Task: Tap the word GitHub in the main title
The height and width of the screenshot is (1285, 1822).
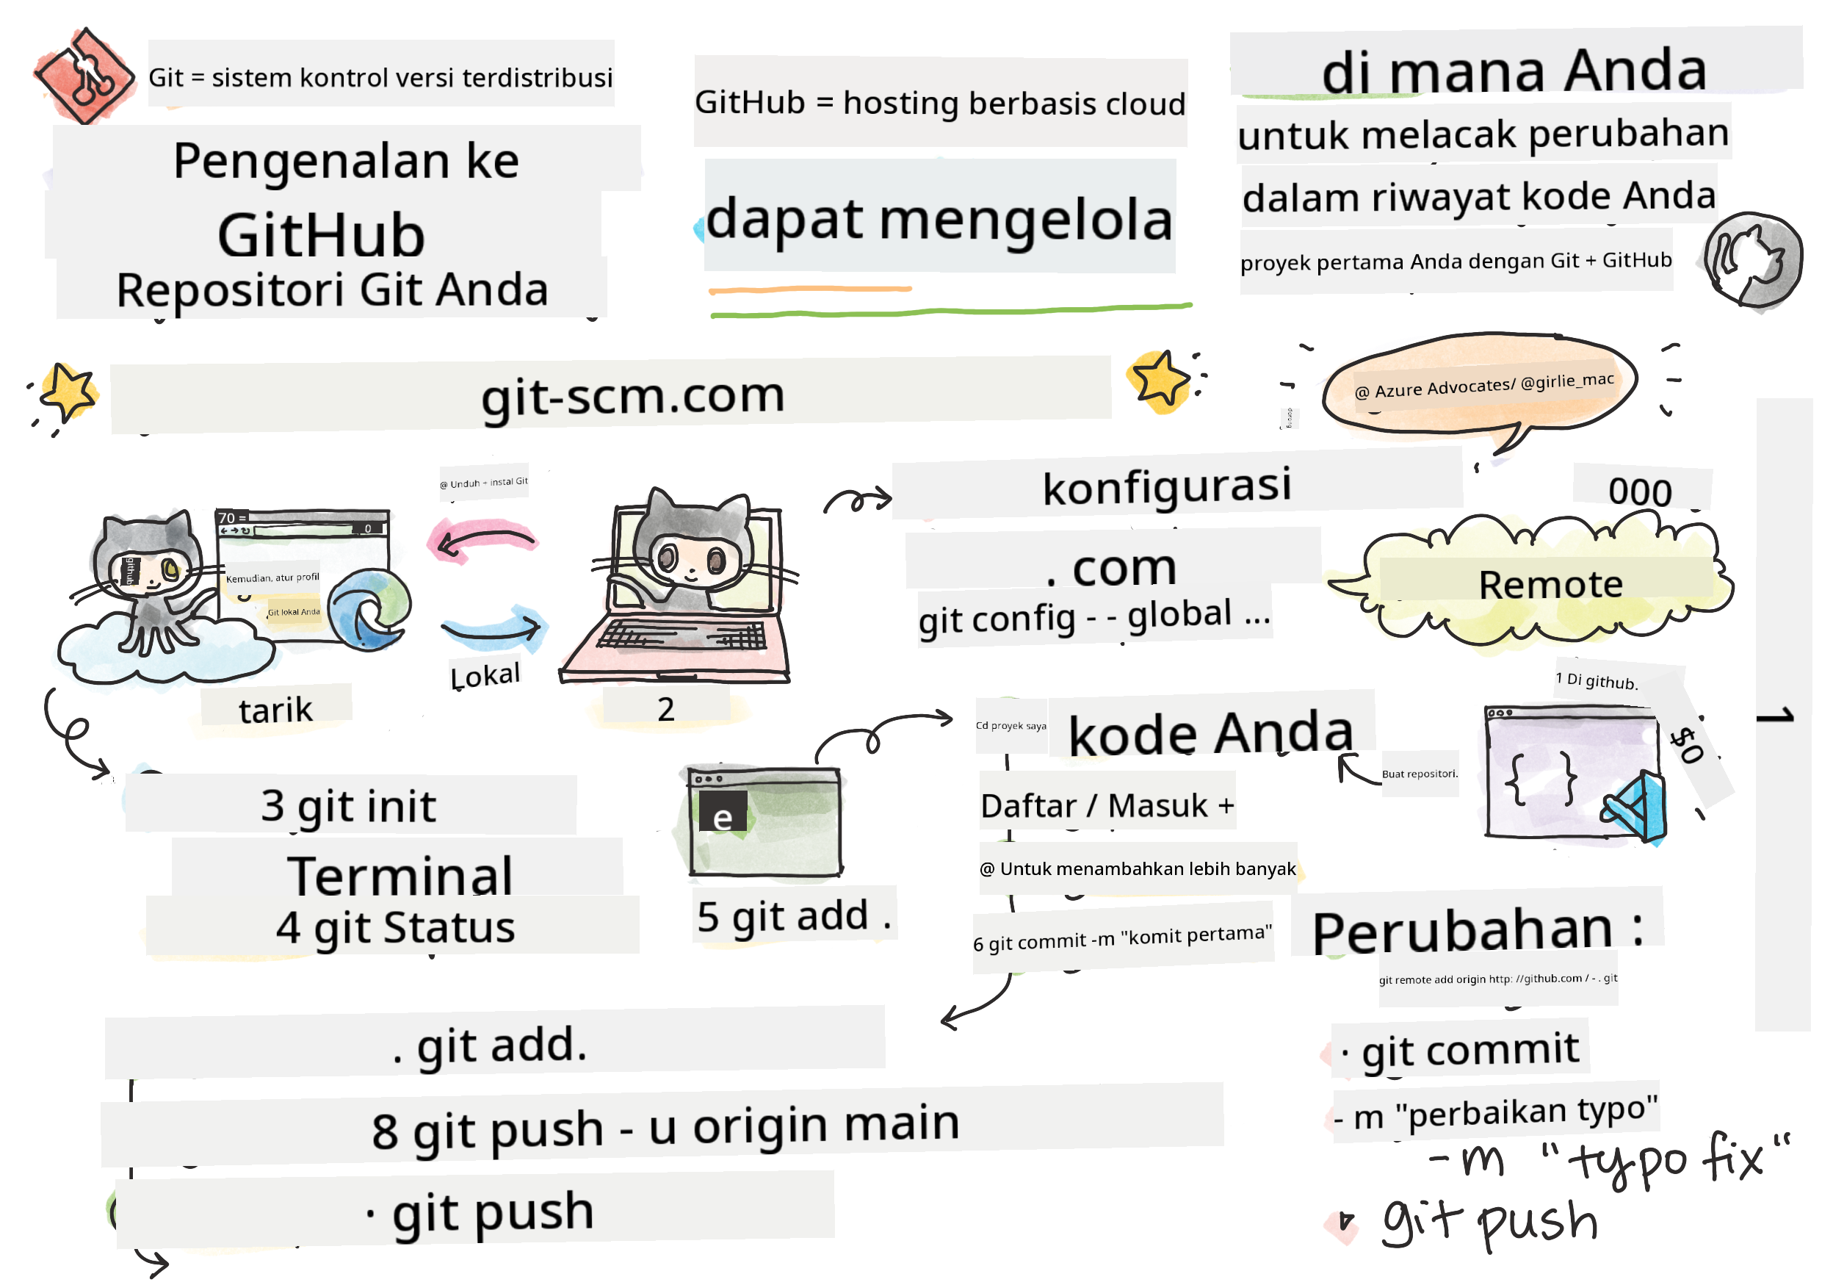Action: tap(322, 237)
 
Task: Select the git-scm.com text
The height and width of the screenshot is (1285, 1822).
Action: tap(632, 396)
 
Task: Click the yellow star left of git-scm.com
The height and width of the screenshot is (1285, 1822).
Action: tap(68, 392)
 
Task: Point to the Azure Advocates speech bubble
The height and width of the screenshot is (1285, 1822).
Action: tap(1481, 386)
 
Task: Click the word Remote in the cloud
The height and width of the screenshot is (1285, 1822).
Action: tap(1550, 586)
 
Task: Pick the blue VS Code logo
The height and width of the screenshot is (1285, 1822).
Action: tap(1637, 809)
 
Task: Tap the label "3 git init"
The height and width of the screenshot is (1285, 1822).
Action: tap(348, 807)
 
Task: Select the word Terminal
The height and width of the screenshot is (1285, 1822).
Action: tap(400, 877)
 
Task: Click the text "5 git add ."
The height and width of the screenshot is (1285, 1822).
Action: tap(794, 917)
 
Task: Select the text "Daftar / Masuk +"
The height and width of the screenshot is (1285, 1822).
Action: tap(1107, 807)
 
